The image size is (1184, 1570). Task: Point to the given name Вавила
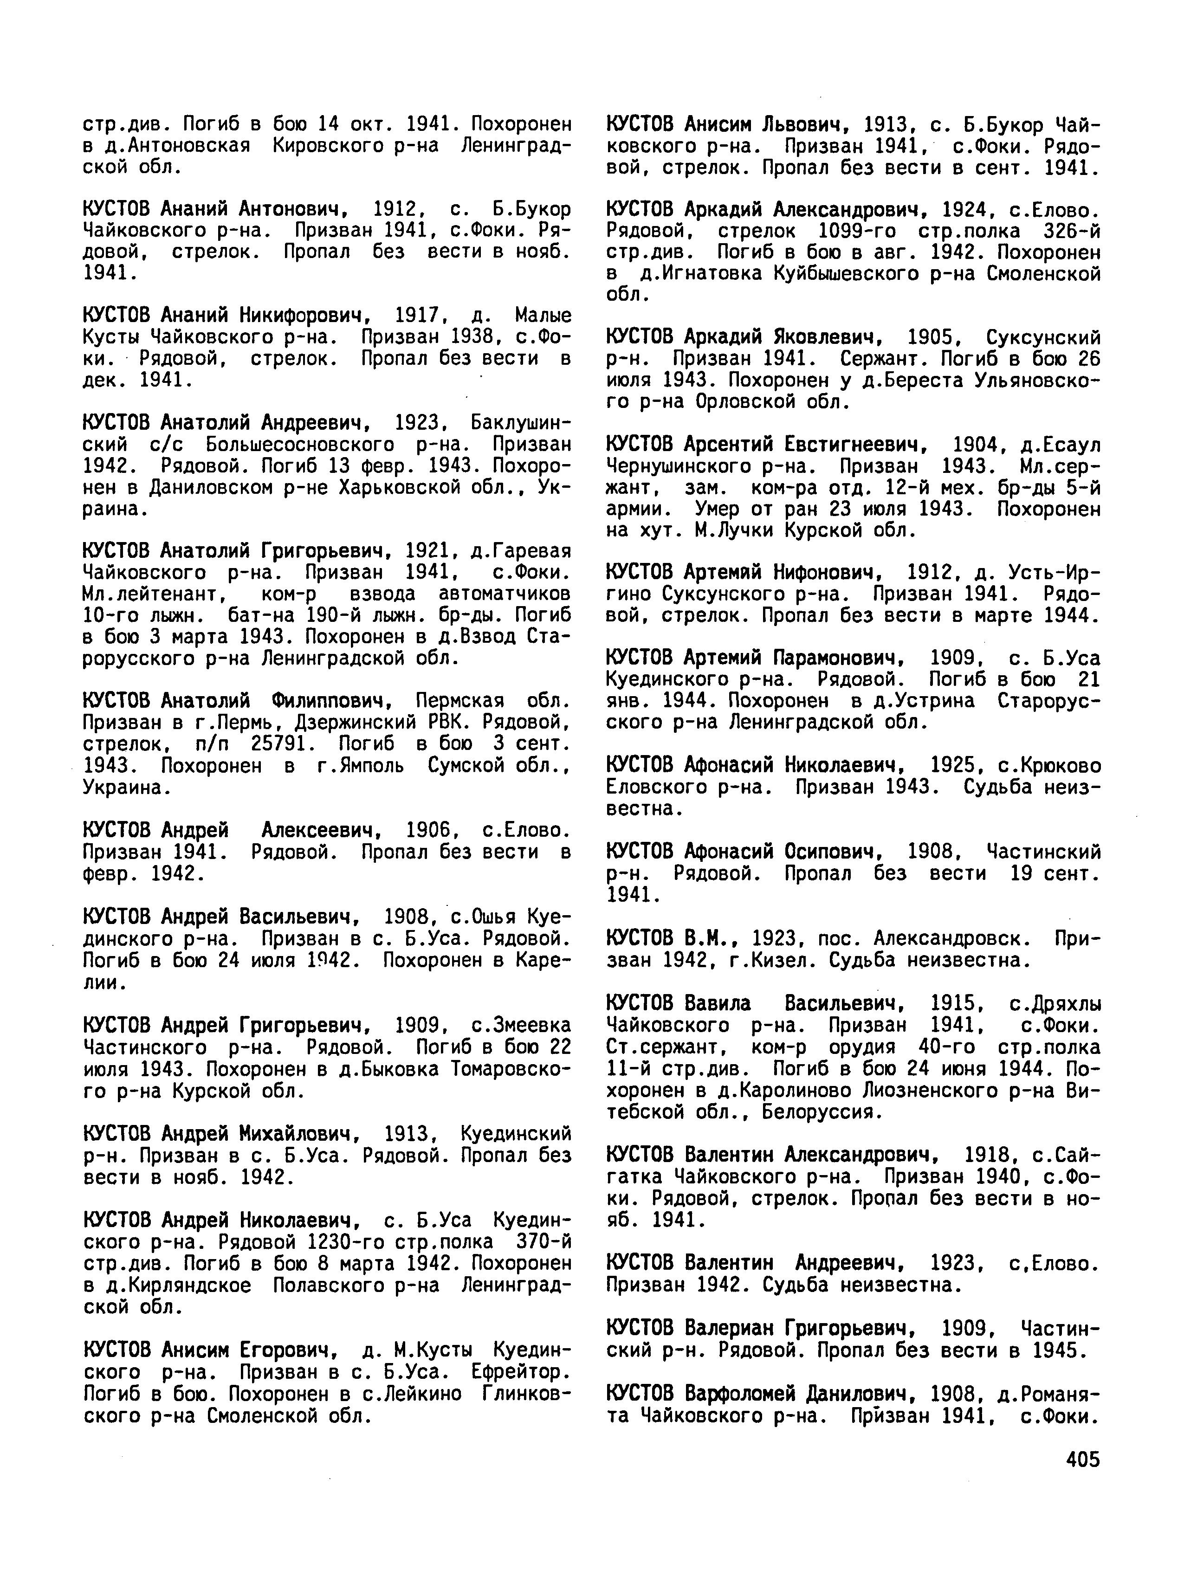click(718, 1004)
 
